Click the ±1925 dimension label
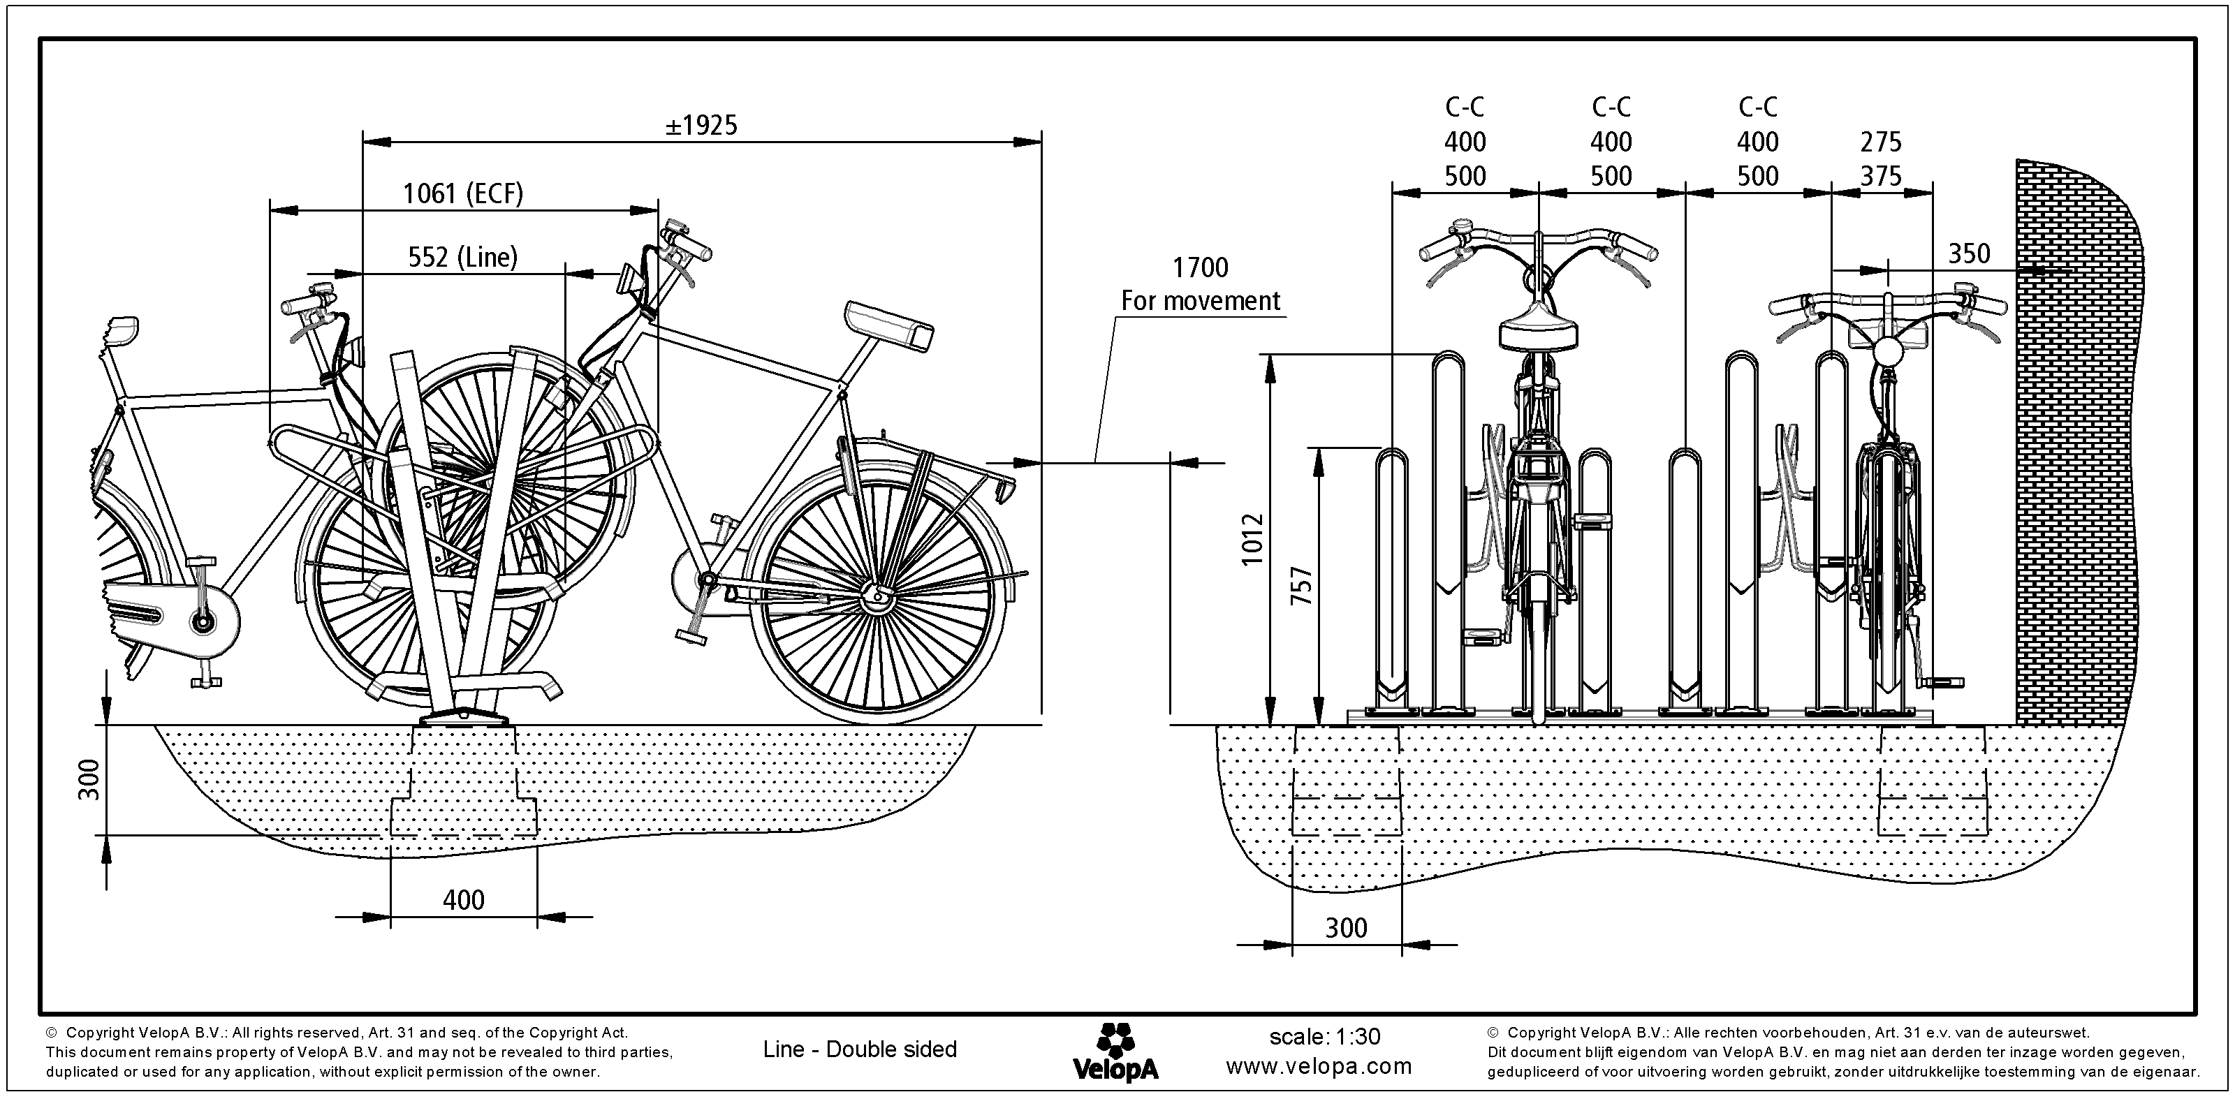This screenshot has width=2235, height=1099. click(701, 126)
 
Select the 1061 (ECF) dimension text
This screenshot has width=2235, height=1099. click(462, 193)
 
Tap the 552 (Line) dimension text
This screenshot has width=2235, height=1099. click(462, 258)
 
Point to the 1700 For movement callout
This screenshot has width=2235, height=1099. click(1200, 283)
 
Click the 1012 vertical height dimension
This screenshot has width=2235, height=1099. click(1252, 540)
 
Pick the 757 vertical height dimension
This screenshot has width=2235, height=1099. click(1301, 586)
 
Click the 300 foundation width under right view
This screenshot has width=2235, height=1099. click(1346, 928)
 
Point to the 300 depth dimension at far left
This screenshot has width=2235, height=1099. click(89, 779)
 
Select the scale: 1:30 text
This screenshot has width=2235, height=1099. click(1324, 1037)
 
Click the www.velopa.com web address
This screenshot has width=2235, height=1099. click(1319, 1066)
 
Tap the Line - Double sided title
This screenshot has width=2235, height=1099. click(859, 1049)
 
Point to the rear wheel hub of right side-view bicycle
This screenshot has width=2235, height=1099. click(877, 594)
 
